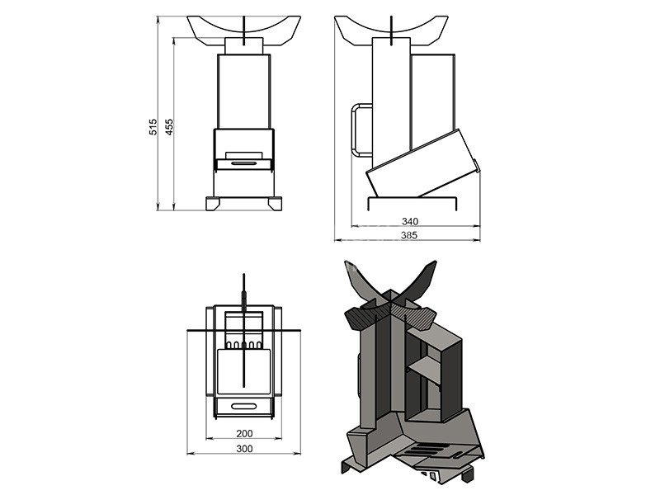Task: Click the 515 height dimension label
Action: coord(153,127)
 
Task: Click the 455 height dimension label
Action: coord(169,127)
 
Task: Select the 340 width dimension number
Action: coord(410,221)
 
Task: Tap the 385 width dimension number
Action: coord(409,235)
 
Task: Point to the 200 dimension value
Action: coord(244,433)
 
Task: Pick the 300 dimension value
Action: coord(244,449)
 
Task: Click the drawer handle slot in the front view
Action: coord(244,163)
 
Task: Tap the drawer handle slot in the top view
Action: coord(244,406)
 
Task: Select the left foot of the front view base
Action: coord(213,204)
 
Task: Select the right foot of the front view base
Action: coord(276,204)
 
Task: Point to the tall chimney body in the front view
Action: coord(244,92)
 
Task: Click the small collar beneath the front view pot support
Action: coord(244,46)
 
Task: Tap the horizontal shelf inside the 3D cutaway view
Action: coord(424,370)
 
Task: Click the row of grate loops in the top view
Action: coord(244,345)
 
